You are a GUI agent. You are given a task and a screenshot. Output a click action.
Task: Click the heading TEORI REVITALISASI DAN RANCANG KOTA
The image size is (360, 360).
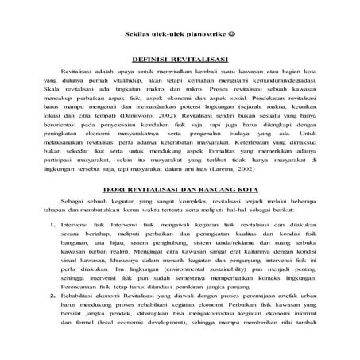pos(180,214)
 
